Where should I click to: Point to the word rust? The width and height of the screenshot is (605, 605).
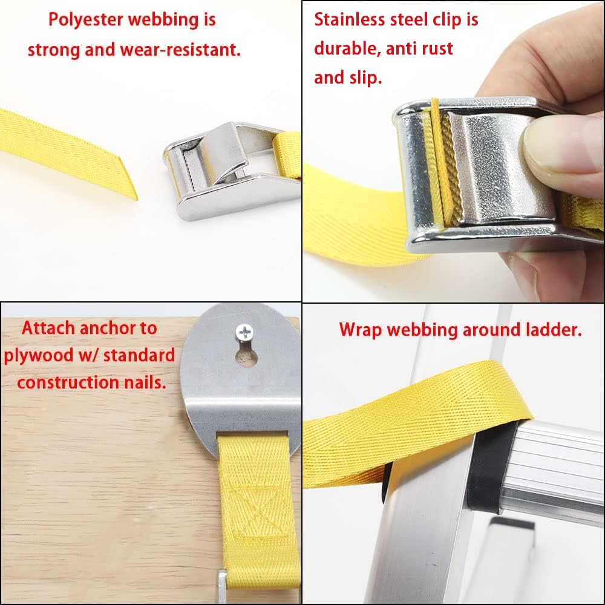pos(437,49)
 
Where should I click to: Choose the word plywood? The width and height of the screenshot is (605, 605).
pos(39,355)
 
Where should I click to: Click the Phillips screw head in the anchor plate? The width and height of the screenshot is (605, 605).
pos(244,332)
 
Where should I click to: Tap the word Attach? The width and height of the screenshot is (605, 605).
pos(48,328)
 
